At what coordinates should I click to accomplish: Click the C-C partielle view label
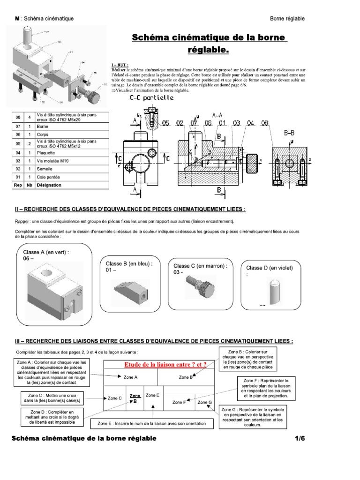point(152,98)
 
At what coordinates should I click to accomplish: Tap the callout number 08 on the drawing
point(265,123)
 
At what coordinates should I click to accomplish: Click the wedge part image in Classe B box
point(131,291)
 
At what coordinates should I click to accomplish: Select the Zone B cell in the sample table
point(186,377)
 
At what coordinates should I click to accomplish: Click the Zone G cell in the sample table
point(204,402)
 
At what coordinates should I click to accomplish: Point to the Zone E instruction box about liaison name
point(151,423)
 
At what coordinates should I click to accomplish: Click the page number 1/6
point(300,438)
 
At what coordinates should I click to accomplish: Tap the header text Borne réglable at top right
point(287,18)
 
